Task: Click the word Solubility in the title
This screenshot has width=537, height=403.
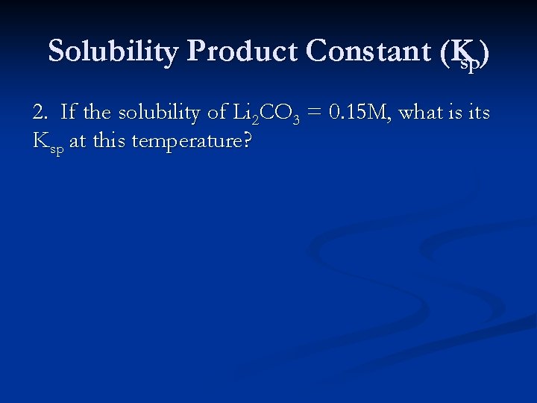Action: (113, 52)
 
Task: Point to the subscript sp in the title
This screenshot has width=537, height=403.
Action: (470, 64)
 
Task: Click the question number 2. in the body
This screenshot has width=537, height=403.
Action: (41, 113)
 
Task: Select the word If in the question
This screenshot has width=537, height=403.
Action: (68, 113)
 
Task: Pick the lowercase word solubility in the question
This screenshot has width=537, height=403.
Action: (160, 113)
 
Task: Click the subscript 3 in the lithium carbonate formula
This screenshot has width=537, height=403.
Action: (296, 119)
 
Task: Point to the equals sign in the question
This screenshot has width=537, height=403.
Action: (315, 113)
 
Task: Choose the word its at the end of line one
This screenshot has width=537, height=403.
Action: (478, 113)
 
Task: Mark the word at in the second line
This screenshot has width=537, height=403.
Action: (78, 141)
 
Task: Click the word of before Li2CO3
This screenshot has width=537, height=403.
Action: (217, 113)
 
